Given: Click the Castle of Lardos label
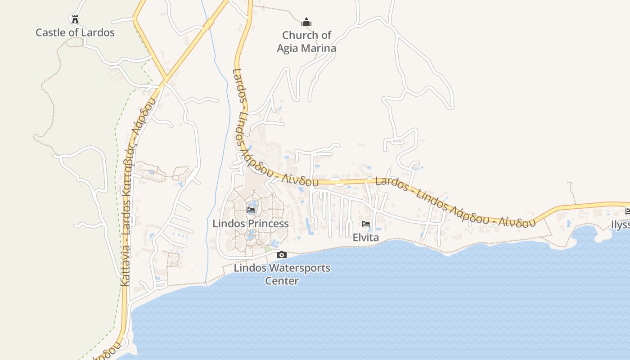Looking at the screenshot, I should coord(75,32).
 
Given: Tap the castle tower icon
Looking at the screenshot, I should coord(75,19).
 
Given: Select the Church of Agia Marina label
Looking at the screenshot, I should coord(306,41).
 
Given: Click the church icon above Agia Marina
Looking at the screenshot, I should coord(306,22).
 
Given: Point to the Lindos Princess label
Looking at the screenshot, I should coord(251,224).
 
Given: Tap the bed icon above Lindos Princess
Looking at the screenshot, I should coord(251,210).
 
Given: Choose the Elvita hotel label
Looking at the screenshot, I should coord(365,238).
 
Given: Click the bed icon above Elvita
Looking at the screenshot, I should coord(365,224).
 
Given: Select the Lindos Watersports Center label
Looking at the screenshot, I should coord(282,274).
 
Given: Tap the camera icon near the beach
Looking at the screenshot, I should coord(282,255).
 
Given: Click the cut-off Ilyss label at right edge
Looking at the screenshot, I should coord(621,225).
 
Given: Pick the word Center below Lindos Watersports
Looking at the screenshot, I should coord(282,281).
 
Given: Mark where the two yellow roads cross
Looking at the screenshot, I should coord(165,80).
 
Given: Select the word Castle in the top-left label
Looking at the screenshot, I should coord(50,32).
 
